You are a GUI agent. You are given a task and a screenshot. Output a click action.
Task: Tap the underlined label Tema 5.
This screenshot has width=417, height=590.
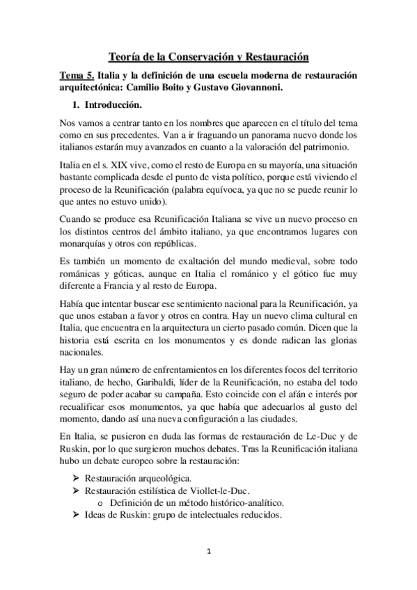click(76, 75)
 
